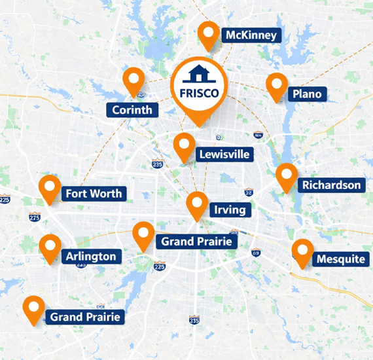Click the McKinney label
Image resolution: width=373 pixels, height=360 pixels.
251,35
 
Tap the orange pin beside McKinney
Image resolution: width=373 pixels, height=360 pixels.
209,35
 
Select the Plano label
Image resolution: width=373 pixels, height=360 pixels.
307,94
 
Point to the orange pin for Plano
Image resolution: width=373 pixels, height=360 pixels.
277,86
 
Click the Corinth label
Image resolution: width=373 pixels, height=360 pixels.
132,109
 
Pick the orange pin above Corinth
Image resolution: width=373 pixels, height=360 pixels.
135,81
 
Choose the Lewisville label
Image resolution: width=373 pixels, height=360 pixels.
223,154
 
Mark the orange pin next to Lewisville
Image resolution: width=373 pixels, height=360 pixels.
185,146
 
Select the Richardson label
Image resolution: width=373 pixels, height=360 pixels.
331,185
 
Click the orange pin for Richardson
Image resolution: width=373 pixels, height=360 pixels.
286,176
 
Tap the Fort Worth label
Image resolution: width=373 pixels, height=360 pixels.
93,194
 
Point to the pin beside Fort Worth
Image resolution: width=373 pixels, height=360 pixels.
50,189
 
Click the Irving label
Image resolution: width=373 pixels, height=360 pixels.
230,210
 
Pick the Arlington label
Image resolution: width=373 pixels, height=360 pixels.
91,256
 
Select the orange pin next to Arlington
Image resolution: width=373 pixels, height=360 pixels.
50,247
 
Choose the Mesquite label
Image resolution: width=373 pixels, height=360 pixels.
340,259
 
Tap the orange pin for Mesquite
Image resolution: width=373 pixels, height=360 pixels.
302,252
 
